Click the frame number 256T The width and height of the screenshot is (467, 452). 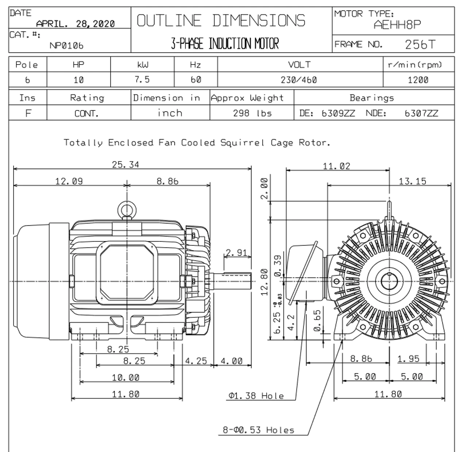(420, 44)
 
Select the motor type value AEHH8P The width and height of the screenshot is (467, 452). (397, 25)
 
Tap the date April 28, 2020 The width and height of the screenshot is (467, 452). (75, 24)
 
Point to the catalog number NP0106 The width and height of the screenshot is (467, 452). (66, 46)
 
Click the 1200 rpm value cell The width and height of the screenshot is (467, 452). (418, 80)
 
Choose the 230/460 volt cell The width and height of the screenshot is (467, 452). (299, 80)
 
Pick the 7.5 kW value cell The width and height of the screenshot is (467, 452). (142, 80)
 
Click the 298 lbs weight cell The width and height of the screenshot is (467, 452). (252, 113)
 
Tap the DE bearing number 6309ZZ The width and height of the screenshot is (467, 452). (338, 113)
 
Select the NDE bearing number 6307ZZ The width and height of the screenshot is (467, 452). (421, 113)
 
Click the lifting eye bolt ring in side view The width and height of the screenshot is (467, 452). (126, 210)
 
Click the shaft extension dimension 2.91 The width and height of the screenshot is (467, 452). (236, 253)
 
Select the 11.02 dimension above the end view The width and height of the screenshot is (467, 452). (336, 166)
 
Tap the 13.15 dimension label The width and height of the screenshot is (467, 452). (412, 181)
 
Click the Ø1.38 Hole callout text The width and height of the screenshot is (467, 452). (256, 396)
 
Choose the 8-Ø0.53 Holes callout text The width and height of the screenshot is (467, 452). (258, 430)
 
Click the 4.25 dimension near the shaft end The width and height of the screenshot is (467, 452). (196, 361)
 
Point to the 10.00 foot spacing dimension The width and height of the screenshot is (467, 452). (126, 378)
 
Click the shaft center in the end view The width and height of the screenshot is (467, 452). (389, 281)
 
